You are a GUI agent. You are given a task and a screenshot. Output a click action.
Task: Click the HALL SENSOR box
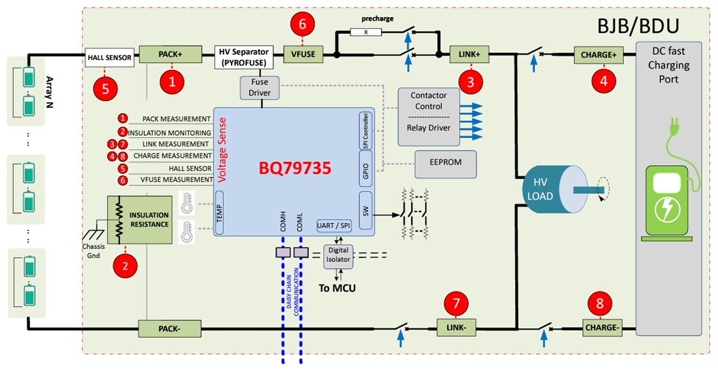[x=110, y=57]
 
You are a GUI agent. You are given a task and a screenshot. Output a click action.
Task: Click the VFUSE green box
[x=304, y=55]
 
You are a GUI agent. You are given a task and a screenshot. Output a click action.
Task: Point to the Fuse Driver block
[x=260, y=87]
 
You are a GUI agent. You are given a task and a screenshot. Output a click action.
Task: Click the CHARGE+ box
[x=599, y=55]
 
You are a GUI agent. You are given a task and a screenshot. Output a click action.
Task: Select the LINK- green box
[x=457, y=327]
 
